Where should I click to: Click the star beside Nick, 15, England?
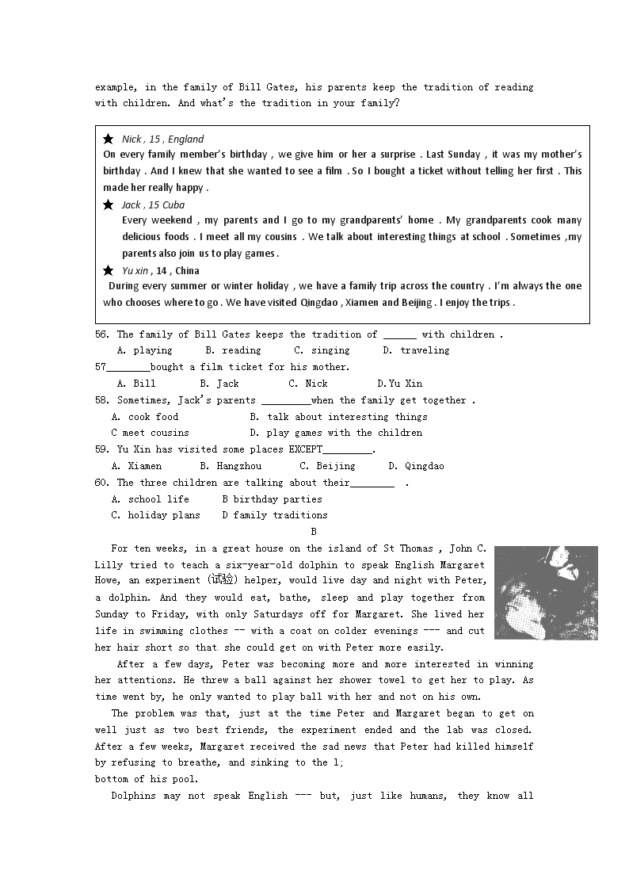pyautogui.click(x=109, y=139)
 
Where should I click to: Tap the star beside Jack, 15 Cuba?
pyautogui.click(x=109, y=204)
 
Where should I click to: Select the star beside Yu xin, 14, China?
pyautogui.click(x=109, y=270)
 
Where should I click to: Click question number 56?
pyautogui.click(x=102, y=334)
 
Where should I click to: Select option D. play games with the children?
pyautogui.click(x=336, y=433)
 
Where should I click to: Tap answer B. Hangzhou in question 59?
pyautogui.click(x=231, y=466)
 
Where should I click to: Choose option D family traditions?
pyautogui.click(x=274, y=515)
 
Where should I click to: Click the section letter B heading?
pyautogui.click(x=314, y=532)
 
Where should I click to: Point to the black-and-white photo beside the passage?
pyautogui.click(x=546, y=592)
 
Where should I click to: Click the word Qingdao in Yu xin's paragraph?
pyautogui.click(x=319, y=303)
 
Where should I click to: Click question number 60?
pyautogui.click(x=102, y=483)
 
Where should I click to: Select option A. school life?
pyautogui.click(x=151, y=499)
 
